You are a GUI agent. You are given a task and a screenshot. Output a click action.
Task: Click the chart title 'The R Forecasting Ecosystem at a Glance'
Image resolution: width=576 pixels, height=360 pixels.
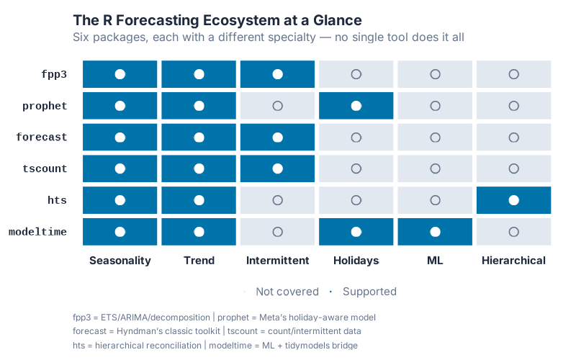pyautogui.click(x=217, y=20)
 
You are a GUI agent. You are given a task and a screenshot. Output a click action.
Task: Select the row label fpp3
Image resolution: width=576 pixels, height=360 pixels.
pyautogui.click(x=54, y=74)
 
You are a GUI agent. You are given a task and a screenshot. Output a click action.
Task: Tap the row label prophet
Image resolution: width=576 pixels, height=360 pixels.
pyautogui.click(x=45, y=106)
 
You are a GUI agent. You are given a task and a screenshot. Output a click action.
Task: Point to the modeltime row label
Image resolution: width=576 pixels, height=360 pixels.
pyautogui.click(x=37, y=232)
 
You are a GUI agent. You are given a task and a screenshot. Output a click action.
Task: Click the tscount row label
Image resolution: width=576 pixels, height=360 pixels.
pyautogui.click(x=45, y=168)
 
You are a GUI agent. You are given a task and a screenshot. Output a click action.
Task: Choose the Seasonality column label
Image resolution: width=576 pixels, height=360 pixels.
pyautogui.click(x=120, y=261)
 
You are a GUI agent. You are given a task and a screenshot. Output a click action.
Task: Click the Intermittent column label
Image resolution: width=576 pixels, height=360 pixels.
pyautogui.click(x=277, y=261)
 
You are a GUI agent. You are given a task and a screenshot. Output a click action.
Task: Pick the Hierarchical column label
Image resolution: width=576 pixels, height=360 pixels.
pyautogui.click(x=513, y=261)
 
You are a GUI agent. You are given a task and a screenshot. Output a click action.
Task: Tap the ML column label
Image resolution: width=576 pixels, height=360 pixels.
pyautogui.click(x=435, y=261)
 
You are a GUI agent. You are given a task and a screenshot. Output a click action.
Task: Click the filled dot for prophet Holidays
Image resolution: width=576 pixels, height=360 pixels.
pyautogui.click(x=356, y=106)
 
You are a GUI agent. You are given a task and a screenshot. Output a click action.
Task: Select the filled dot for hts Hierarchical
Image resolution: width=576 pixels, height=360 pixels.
pyautogui.click(x=513, y=200)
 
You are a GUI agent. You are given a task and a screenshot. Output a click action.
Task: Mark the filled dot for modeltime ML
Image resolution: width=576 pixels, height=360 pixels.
pyautogui.click(x=435, y=232)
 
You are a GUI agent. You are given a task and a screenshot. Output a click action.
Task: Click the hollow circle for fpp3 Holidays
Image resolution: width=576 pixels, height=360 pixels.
pyautogui.click(x=356, y=74)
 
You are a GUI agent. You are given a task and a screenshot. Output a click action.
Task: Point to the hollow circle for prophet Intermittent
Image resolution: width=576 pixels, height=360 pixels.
pyautogui.click(x=277, y=106)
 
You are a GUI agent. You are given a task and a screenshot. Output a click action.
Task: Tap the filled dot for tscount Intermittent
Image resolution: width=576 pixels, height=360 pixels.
pyautogui.click(x=277, y=168)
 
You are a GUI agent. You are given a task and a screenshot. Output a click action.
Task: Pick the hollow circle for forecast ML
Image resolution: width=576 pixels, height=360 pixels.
pyautogui.click(x=435, y=137)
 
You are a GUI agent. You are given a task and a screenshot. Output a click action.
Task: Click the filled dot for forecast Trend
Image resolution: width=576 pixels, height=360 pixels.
pyautogui.click(x=199, y=137)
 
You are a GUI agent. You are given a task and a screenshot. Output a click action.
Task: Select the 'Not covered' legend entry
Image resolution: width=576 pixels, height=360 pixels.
pyautogui.click(x=287, y=292)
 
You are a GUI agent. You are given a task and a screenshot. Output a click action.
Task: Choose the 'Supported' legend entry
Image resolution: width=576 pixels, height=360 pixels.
pyautogui.click(x=369, y=292)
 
